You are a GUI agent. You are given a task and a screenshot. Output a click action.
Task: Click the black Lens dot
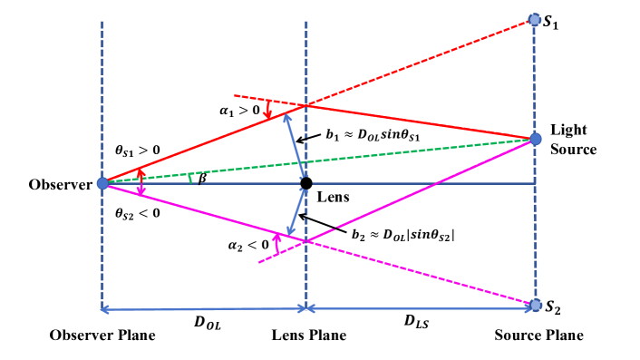click(306, 183)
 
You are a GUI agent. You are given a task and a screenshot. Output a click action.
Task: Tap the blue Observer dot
click(102, 183)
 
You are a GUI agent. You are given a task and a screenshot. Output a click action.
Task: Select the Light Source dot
click(535, 139)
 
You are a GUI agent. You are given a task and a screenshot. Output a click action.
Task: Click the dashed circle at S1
click(535, 19)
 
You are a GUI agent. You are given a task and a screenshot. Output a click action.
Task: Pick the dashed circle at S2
click(535, 304)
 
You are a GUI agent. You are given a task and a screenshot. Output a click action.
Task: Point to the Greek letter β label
click(201, 178)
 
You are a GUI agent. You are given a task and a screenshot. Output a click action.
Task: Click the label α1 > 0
click(244, 112)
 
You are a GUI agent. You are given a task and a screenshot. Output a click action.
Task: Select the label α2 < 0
click(245, 243)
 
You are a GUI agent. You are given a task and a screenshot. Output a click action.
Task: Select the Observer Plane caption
click(103, 336)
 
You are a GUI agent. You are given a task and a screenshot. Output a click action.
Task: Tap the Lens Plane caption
click(309, 336)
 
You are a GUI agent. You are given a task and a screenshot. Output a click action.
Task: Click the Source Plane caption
click(538, 336)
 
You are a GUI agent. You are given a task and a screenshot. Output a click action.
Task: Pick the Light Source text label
click(574, 138)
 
